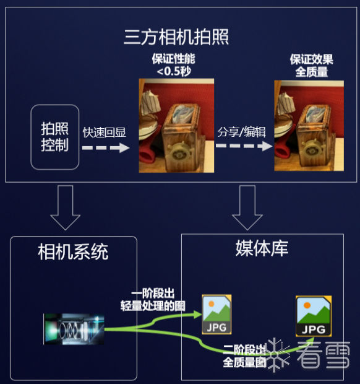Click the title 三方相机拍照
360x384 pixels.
tap(176, 37)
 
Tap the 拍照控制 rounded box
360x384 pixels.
tap(55, 137)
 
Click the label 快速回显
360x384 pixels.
tap(105, 133)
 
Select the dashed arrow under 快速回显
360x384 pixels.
tap(106, 147)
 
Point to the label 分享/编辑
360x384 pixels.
tap(242, 132)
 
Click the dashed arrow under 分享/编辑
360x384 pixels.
tap(244, 146)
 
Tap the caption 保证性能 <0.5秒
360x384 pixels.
tap(174, 65)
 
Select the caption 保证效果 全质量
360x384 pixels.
tap(312, 66)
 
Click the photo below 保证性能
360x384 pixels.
tap(176, 125)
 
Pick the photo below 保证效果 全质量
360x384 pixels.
tap(309, 125)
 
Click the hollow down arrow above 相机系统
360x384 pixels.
tap(66, 207)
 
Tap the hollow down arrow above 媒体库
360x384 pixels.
tap(247, 207)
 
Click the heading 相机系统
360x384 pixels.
tap(73, 251)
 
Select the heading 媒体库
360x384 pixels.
tap(262, 248)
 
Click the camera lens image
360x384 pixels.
tap(74, 329)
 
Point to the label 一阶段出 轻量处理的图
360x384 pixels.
tap(153, 300)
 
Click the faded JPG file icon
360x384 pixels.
tap(216, 315)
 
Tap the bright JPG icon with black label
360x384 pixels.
tap(314, 316)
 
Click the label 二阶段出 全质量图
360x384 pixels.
tap(244, 356)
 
